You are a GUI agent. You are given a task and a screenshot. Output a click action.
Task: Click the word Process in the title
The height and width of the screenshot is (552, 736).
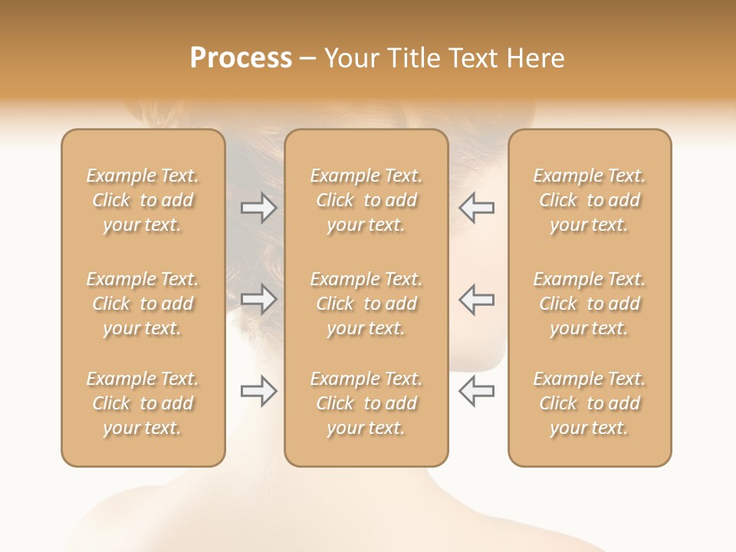241,58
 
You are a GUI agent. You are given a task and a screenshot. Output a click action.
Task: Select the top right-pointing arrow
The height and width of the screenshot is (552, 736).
259,207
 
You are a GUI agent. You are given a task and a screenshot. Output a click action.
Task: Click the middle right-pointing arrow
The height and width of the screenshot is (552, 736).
259,299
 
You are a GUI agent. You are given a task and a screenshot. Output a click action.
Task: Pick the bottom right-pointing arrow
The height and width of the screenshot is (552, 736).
259,391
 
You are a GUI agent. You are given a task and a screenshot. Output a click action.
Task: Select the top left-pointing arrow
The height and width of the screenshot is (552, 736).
476,207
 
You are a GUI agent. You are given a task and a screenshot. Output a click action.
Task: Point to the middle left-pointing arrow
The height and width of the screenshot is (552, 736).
476,299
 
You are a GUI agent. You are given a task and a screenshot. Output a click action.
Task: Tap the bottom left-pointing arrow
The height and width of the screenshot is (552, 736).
476,391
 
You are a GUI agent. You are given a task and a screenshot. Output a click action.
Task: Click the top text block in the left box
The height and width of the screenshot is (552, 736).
143,200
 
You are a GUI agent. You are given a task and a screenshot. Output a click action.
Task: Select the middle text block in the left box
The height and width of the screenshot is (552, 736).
143,304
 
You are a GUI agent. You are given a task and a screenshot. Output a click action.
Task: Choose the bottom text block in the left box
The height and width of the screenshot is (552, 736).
143,403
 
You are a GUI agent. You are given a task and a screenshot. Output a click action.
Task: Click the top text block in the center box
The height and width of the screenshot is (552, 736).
366,200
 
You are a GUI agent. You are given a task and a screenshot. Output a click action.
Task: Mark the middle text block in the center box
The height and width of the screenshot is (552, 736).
366,304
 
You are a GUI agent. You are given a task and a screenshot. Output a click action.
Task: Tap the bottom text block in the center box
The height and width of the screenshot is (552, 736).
366,403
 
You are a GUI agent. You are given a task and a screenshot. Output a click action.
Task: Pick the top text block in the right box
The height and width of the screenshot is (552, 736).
590,200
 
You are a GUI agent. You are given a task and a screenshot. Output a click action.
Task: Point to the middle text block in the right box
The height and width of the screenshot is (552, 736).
590,304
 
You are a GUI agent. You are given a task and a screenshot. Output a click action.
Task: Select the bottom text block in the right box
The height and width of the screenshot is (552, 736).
590,403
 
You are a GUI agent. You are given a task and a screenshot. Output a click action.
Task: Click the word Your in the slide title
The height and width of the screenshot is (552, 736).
352,58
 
